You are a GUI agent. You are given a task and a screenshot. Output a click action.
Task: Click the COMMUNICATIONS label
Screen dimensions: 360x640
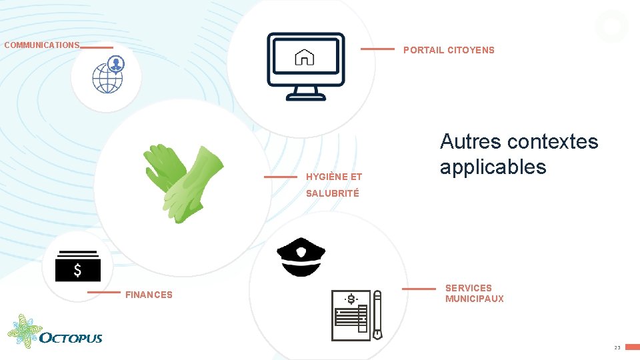(x=41, y=45)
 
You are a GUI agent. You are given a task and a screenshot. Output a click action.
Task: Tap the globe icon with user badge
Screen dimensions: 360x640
(x=108, y=74)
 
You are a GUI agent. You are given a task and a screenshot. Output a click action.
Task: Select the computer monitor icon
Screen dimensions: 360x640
(x=305, y=67)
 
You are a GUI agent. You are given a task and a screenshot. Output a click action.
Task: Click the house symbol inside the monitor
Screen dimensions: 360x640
(x=305, y=58)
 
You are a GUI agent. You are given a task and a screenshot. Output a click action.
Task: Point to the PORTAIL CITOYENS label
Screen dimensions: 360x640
(x=449, y=50)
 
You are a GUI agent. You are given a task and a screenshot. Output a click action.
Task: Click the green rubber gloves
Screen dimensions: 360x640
(x=183, y=179)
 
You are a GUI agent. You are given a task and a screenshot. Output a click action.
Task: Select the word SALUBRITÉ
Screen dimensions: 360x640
(x=332, y=193)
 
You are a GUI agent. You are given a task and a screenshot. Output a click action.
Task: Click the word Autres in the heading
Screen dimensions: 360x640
(x=471, y=141)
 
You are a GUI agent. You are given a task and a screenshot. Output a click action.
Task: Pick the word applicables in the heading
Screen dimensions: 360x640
(x=493, y=167)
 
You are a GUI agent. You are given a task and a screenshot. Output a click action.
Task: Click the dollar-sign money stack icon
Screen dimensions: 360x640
(x=78, y=266)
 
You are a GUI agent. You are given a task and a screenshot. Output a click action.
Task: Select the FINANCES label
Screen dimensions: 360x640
(x=149, y=295)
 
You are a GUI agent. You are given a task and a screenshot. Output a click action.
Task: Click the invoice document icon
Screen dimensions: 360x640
(x=351, y=315)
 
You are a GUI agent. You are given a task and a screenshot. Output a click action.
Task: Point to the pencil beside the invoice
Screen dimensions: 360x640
(x=377, y=315)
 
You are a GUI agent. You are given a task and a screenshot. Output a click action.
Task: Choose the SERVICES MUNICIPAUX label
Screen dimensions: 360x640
(x=474, y=293)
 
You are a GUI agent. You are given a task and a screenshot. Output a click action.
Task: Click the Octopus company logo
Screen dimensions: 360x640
(x=55, y=332)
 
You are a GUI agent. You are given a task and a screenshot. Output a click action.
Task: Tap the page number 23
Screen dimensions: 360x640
(x=617, y=348)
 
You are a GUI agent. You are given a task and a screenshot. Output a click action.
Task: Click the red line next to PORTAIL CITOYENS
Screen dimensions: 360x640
(x=377, y=49)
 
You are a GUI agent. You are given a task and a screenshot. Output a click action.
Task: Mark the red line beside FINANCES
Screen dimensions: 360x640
(x=104, y=292)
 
